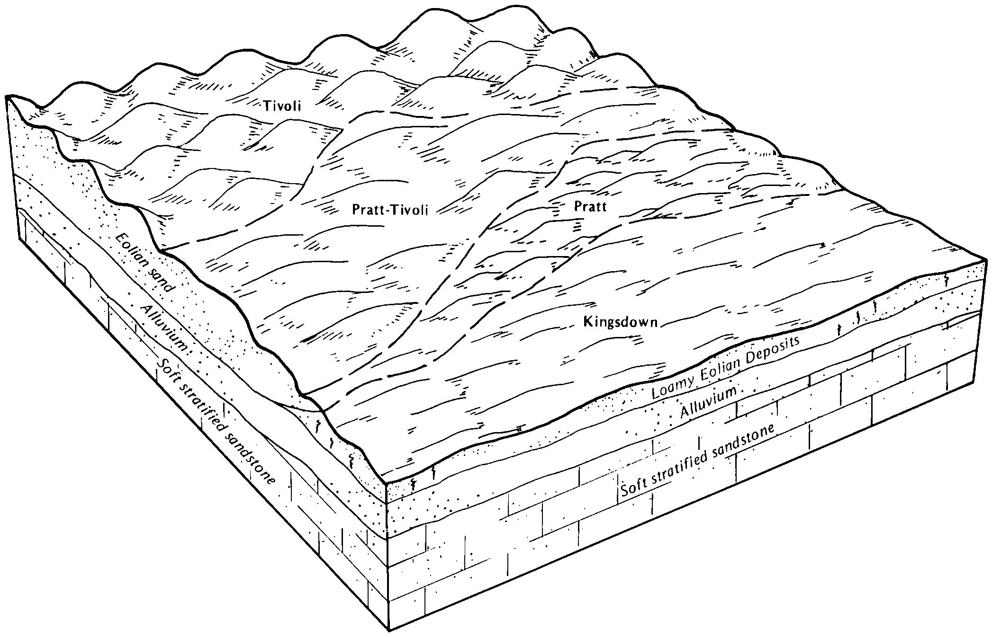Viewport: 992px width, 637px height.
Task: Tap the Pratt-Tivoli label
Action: (390, 210)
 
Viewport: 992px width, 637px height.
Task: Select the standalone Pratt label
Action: (590, 206)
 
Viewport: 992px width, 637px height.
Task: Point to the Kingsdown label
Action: (621, 322)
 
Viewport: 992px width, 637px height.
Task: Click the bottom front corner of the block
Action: (389, 630)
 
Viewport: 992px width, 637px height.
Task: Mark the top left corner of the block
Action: (8, 97)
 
